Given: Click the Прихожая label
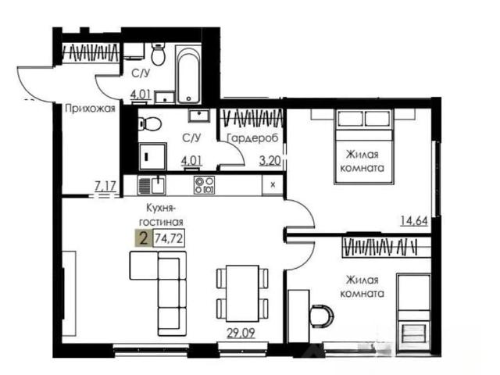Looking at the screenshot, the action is tap(90, 109).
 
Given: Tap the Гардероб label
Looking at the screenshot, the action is tap(252, 138).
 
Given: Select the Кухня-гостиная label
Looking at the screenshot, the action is tap(165, 215).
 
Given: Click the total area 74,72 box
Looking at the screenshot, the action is tap(169, 238).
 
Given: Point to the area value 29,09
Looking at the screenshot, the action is tap(241, 334).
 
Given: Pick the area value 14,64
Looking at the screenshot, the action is tap(414, 220).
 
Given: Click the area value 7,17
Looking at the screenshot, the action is tap(105, 186).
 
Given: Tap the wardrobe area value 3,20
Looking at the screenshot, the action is tap(270, 161).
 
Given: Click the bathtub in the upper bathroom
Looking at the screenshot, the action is tap(189, 75).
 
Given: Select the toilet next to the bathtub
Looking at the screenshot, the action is tap(158, 54).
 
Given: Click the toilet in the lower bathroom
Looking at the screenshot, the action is tap(149, 123).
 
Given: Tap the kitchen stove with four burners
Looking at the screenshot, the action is tap(204, 185).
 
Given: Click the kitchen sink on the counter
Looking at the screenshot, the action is tap(152, 186).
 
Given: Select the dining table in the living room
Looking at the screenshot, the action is tap(242, 294).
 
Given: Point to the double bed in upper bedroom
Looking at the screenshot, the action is tap(364, 147).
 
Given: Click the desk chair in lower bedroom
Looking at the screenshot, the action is tap(321, 316).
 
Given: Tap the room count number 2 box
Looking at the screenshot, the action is tap(144, 238).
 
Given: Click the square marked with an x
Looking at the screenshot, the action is tap(273, 184).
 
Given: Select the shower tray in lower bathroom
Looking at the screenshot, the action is tap(152, 156).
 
